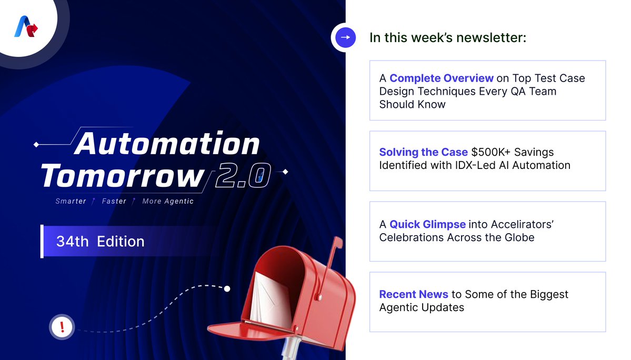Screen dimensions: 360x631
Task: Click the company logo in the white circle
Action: pyautogui.click(x=27, y=27)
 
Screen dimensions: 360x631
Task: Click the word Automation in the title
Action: pyautogui.click(x=167, y=143)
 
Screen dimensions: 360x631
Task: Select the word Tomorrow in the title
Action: pyautogui.click(x=122, y=176)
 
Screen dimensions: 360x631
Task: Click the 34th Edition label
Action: pyautogui.click(x=100, y=242)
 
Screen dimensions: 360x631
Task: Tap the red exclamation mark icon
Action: pyautogui.click(x=63, y=327)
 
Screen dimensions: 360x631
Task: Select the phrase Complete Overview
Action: pyautogui.click(x=442, y=78)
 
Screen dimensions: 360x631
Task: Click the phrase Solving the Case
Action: pyautogui.click(x=423, y=152)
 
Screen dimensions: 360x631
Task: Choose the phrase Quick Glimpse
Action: pyautogui.click(x=427, y=224)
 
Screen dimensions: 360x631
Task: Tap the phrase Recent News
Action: pyautogui.click(x=414, y=294)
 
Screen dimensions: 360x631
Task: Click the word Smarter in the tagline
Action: pyautogui.click(x=71, y=201)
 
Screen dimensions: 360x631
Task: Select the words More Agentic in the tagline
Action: pyautogui.click(x=168, y=201)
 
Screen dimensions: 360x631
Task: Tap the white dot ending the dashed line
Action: pyautogui.click(x=227, y=288)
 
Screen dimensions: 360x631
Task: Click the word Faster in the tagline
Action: pyautogui.click(x=114, y=201)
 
